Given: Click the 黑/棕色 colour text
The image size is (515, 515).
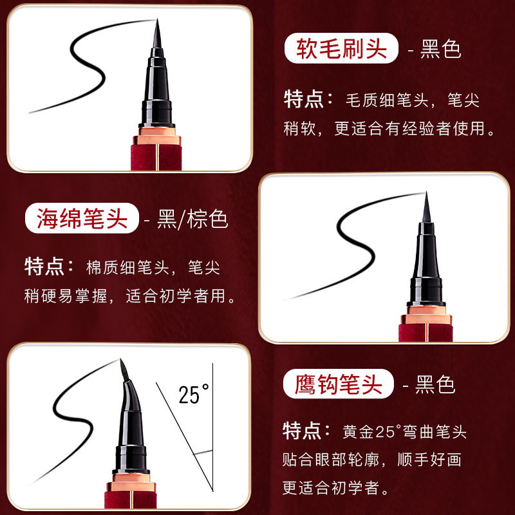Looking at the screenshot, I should [192, 220].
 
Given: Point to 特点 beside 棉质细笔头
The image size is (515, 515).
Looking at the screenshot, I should [45, 266].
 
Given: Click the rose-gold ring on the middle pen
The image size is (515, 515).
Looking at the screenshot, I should [426, 315].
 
